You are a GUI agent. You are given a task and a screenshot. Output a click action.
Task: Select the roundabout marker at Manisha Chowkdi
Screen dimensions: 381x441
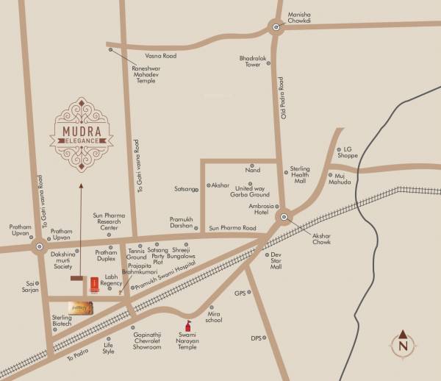click(x=276, y=29)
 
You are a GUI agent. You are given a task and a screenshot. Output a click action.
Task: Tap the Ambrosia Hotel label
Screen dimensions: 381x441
click(x=264, y=210)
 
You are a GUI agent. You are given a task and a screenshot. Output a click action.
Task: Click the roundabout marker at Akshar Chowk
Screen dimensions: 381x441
click(x=283, y=218)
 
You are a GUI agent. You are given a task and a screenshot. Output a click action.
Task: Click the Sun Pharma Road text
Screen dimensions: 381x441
click(x=232, y=229)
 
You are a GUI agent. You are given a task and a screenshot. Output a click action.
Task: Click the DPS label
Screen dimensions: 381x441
click(x=256, y=338)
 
